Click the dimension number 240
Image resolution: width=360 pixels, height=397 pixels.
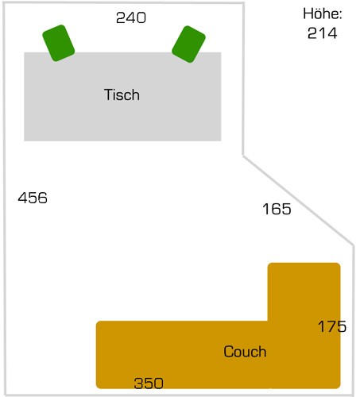131,17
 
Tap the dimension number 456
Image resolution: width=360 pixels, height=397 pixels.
33,198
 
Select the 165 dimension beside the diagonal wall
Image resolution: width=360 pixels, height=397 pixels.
277,209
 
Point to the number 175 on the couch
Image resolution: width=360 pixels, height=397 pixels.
332,326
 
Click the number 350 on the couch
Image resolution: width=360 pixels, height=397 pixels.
149,384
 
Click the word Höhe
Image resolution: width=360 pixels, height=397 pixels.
323,13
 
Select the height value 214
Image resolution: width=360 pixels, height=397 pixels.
323,33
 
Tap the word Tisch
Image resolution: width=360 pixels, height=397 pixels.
122,94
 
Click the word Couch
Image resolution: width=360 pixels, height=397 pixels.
245,352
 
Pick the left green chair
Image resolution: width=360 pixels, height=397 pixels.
59,43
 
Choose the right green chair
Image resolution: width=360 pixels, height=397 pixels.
188,44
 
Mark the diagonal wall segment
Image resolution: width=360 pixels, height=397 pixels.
298,201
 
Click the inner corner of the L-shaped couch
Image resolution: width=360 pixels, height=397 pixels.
268,321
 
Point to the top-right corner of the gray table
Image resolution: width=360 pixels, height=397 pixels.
221,52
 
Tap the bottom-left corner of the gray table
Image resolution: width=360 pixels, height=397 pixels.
25,141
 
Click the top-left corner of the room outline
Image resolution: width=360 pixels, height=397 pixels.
4,4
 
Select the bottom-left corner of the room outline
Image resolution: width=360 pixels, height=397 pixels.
6,395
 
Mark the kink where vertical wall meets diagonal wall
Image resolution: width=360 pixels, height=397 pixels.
243,155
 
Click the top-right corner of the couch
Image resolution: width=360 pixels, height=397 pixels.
340,264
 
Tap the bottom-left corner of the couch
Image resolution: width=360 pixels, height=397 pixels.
96,388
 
